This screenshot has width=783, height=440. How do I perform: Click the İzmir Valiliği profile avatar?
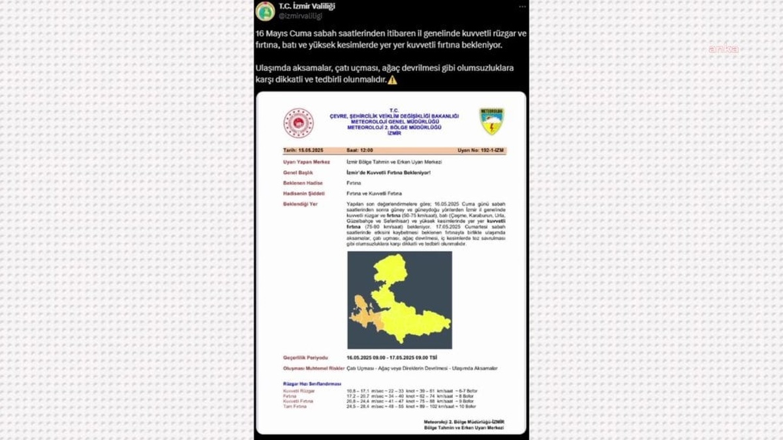[265, 10]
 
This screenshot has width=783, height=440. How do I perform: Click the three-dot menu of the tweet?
[522, 7]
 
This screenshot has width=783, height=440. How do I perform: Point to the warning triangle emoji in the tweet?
[392, 80]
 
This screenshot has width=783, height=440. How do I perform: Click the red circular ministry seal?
[298, 123]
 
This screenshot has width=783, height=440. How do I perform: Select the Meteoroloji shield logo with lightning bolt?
[491, 121]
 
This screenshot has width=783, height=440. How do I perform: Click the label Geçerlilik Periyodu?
[305, 358]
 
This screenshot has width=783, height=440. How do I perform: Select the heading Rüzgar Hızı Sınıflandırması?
[312, 384]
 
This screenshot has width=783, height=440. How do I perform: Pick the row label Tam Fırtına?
[294, 406]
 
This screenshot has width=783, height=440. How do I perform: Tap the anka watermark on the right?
[723, 49]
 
